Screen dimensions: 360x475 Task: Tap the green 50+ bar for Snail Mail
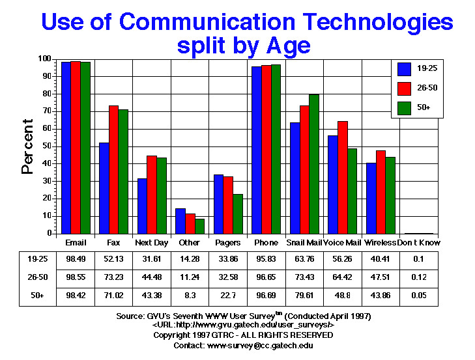tap(315, 163)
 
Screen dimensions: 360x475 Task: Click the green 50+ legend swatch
tap(405, 107)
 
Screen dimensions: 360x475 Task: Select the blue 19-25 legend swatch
tap(405, 68)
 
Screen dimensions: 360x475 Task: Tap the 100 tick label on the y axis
tap(44, 59)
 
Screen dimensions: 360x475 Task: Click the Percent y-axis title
tap(27, 146)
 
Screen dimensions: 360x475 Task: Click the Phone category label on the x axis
tap(265, 243)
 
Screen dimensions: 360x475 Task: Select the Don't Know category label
tap(419, 243)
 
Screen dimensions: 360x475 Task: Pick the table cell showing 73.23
tap(113, 276)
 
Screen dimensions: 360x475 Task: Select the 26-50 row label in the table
tap(36, 276)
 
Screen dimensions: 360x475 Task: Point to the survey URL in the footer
tap(243, 325)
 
